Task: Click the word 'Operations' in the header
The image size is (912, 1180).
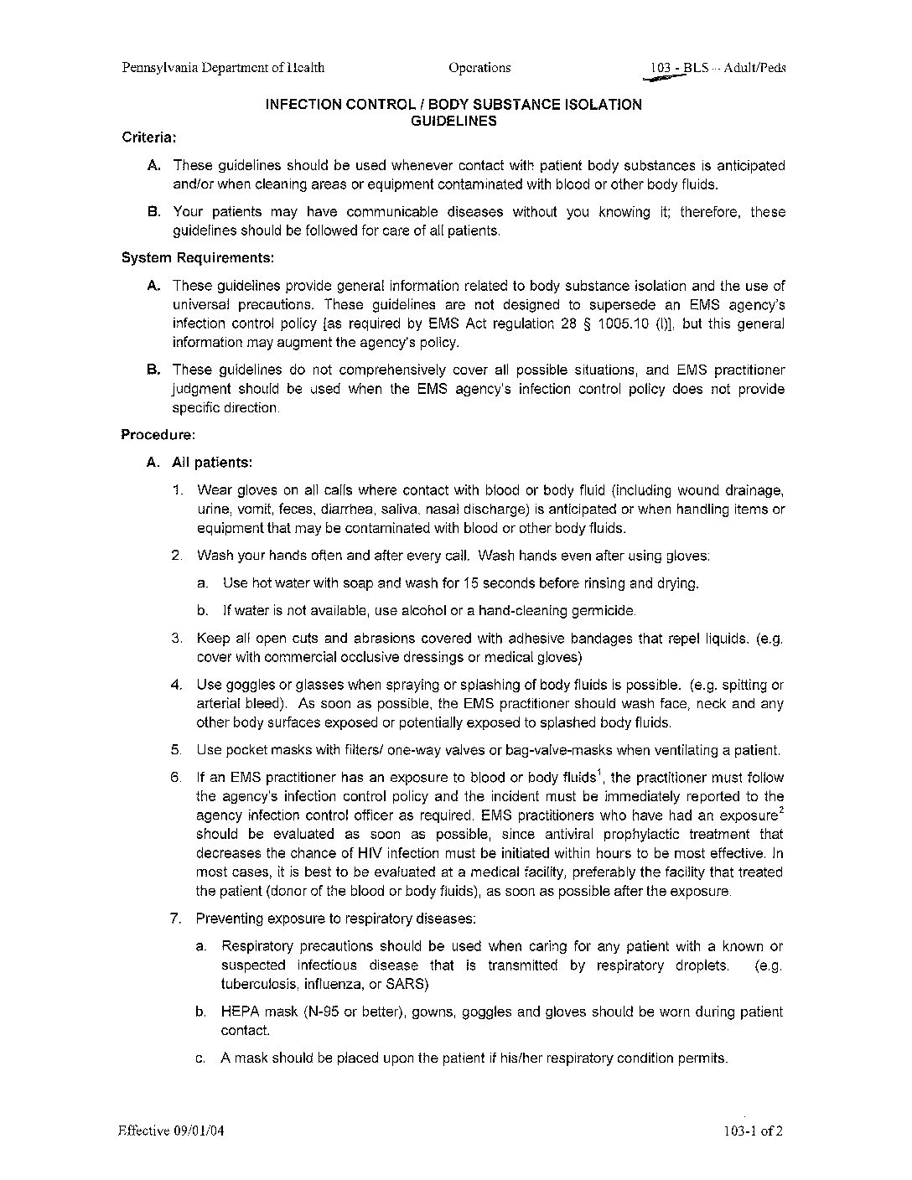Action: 479,68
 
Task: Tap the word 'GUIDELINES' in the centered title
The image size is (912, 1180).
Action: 453,121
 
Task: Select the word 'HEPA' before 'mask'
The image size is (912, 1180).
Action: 240,1012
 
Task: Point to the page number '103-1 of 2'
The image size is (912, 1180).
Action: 754,1131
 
